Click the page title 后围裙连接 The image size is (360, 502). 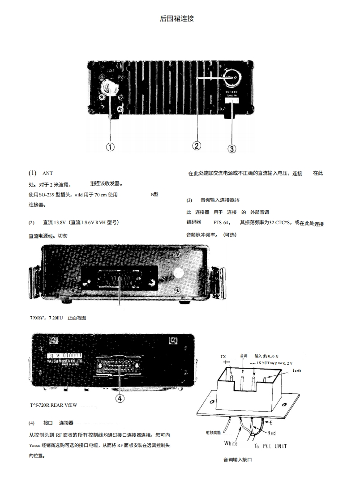177,19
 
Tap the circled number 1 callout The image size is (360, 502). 110,146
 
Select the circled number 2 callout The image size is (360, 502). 197,145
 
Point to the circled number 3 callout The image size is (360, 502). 232,149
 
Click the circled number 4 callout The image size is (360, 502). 120,397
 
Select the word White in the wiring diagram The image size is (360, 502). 231,443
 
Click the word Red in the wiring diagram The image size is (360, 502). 271,433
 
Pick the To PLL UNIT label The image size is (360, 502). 270,446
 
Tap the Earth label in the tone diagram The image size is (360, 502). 297,370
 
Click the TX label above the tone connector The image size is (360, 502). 223,356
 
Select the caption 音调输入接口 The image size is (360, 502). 238,459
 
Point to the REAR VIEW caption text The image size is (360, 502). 63,405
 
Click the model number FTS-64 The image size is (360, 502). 222,222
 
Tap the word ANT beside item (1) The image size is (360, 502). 47,173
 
